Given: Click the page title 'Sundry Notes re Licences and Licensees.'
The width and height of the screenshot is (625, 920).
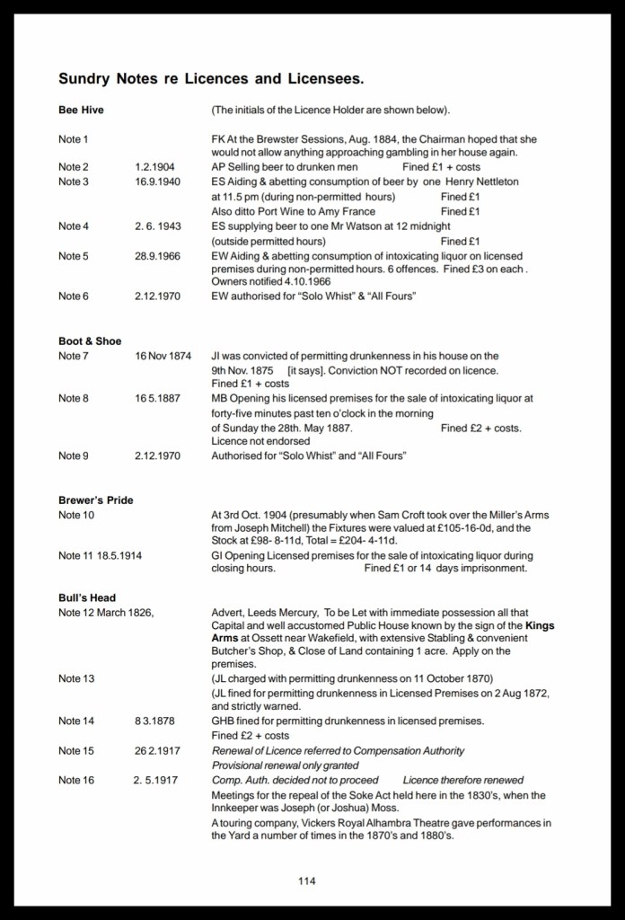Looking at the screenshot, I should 211,79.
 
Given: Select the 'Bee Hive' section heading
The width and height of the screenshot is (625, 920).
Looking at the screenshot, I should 78,111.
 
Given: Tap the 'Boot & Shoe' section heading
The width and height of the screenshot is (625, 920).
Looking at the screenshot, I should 90,341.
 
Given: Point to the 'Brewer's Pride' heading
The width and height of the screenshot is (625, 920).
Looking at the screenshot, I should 95,500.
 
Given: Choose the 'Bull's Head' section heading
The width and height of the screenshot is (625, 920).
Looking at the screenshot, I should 87,597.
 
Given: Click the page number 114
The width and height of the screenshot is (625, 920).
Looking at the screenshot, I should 307,880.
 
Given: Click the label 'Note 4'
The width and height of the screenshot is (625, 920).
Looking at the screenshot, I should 74,226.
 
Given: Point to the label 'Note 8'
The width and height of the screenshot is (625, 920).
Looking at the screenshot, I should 74,399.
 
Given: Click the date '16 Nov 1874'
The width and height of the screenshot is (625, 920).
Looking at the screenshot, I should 163,356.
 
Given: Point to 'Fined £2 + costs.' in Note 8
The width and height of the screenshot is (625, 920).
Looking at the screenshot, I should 480,428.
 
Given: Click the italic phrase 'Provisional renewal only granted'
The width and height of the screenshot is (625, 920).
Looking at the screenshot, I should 285,765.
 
